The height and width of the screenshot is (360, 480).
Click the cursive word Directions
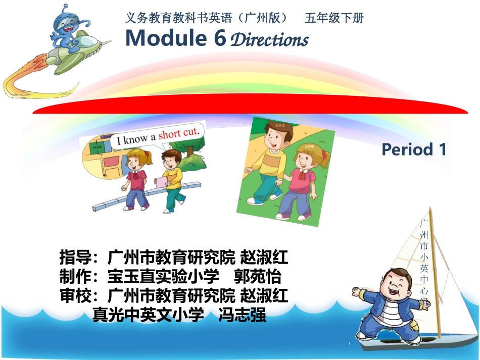pyautogui.click(x=269, y=40)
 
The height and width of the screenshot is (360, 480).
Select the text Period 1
pyautogui.click(x=414, y=149)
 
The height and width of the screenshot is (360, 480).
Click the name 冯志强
pyautogui.click(x=242, y=316)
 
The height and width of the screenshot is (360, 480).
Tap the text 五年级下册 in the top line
pyautogui.click(x=334, y=18)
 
